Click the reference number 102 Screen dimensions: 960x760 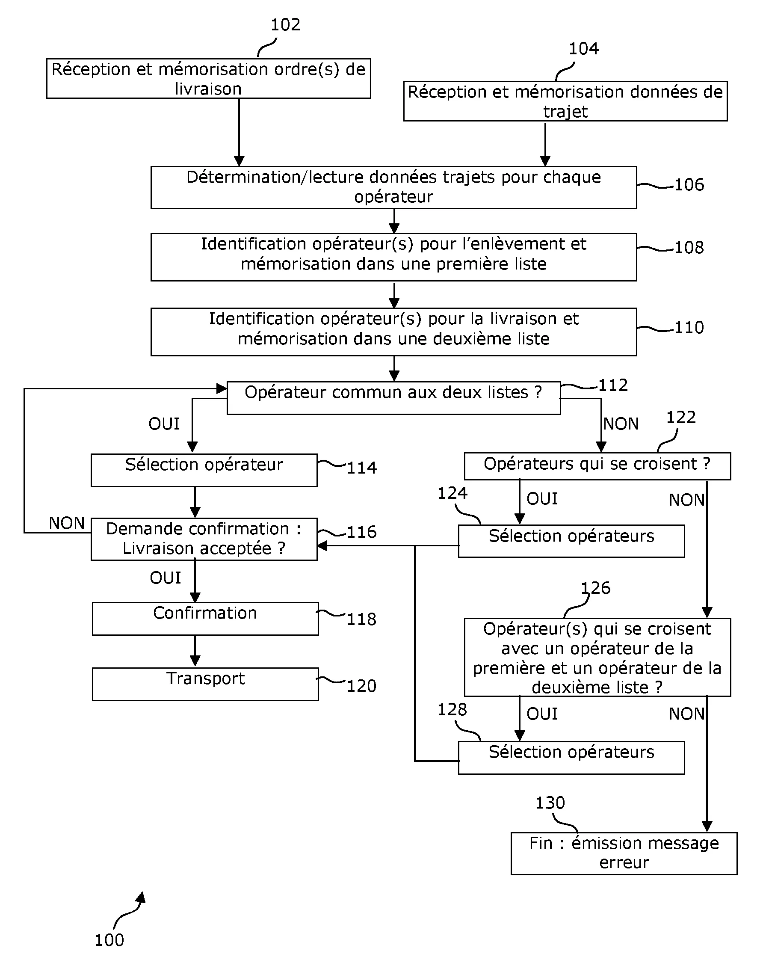285,24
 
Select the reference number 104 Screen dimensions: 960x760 583,48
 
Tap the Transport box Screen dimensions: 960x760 205,684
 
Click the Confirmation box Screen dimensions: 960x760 205,619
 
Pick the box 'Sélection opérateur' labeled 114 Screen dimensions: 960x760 204,470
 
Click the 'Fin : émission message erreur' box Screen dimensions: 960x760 624,853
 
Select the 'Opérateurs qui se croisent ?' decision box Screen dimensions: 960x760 597,466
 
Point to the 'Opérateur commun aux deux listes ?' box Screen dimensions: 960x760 393,397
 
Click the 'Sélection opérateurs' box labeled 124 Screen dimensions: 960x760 571,541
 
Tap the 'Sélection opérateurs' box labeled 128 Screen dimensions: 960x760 571,757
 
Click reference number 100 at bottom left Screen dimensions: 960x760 109,940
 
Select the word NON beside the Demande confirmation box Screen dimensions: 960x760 67,523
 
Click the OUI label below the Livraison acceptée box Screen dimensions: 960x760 165,578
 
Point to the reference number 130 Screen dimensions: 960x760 550,803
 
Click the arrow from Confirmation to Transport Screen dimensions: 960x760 195,651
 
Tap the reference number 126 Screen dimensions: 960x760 595,588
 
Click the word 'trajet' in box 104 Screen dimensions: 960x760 565,111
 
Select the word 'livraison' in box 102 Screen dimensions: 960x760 208,89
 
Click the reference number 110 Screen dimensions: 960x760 689,328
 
